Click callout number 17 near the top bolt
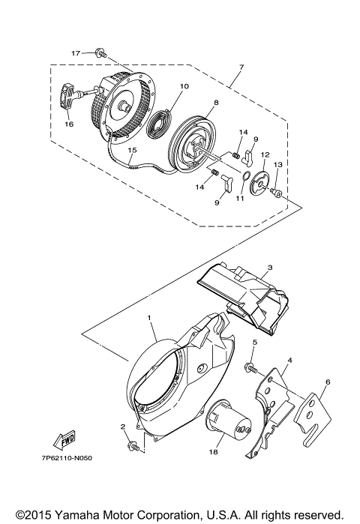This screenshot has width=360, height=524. tap(76, 53)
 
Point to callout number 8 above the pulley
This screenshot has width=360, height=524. tap(194, 103)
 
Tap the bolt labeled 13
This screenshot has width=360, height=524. tap(277, 194)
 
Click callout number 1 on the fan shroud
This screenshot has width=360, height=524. tap(150, 319)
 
